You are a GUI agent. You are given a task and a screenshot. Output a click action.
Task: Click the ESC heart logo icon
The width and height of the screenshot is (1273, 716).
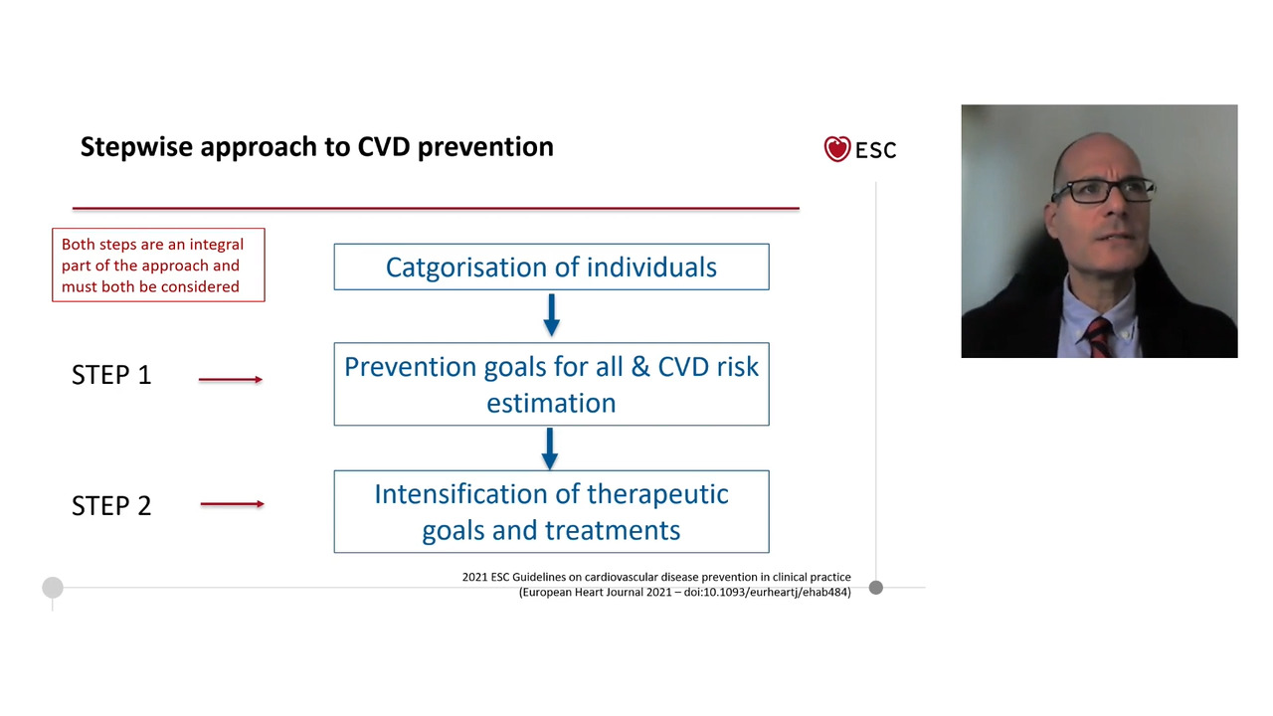click(837, 149)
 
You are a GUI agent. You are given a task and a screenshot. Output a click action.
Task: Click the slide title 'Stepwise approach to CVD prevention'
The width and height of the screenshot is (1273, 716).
click(316, 147)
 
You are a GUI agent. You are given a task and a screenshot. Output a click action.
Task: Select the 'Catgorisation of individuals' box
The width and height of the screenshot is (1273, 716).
click(551, 268)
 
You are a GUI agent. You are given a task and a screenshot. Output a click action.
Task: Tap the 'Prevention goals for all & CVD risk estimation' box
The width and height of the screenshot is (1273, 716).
click(551, 384)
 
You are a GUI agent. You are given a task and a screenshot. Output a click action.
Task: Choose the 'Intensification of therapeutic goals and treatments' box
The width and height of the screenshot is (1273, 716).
click(551, 511)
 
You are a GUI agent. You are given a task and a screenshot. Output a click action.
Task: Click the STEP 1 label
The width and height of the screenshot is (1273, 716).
click(111, 375)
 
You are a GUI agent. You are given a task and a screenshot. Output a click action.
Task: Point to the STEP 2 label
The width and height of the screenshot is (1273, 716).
click(111, 505)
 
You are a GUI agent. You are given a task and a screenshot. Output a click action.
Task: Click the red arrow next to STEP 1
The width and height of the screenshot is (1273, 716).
click(231, 379)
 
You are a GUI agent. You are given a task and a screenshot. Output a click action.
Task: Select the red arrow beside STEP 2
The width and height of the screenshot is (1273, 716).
click(232, 504)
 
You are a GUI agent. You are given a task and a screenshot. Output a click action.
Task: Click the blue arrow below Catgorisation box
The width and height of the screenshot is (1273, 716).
click(551, 314)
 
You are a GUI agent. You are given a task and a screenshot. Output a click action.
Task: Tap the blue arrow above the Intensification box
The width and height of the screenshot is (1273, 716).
click(549, 447)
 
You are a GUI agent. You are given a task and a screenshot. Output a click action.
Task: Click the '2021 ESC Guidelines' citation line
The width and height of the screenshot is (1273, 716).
click(656, 577)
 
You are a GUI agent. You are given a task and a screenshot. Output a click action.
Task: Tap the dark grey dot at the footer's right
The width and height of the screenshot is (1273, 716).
click(875, 588)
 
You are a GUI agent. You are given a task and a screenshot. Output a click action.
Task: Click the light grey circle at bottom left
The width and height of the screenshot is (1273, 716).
click(53, 588)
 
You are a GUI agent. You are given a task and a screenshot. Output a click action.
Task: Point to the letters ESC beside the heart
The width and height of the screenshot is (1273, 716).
click(875, 150)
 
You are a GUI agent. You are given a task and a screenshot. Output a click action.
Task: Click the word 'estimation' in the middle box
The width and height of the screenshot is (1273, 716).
click(551, 403)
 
